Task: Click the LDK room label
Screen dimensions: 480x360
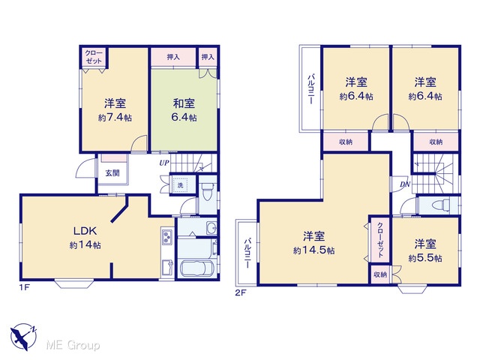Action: (x=85, y=231)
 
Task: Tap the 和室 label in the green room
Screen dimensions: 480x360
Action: (x=184, y=103)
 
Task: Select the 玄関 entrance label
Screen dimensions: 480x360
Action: (x=112, y=173)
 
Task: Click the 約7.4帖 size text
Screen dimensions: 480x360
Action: (x=115, y=118)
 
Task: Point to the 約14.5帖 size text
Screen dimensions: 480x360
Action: (x=314, y=250)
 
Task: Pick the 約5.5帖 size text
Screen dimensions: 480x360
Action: (x=425, y=258)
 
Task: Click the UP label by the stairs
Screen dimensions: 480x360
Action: (x=163, y=163)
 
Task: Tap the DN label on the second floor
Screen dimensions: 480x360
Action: (x=405, y=184)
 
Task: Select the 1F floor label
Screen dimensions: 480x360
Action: (x=25, y=288)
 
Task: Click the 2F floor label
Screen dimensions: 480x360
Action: (x=241, y=292)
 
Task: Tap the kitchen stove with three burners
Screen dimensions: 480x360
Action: (x=166, y=237)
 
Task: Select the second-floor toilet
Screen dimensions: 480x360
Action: (x=440, y=205)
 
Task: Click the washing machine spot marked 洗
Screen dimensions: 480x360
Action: (x=181, y=185)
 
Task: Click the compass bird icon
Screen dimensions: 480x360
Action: (x=23, y=337)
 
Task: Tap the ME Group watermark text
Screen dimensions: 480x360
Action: (x=73, y=345)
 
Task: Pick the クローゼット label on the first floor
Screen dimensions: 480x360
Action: (x=94, y=57)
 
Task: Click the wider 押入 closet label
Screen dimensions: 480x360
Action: (x=173, y=57)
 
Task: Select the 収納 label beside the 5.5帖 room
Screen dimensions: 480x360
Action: (x=380, y=274)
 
